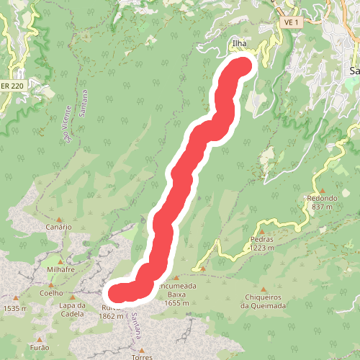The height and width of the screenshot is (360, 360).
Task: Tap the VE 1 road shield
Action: point(291,22)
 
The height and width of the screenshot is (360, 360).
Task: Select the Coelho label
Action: point(51,293)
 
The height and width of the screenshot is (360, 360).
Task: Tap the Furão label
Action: point(40,347)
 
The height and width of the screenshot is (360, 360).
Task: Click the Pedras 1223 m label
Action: point(263,243)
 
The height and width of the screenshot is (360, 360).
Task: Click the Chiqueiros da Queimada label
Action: point(266,301)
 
